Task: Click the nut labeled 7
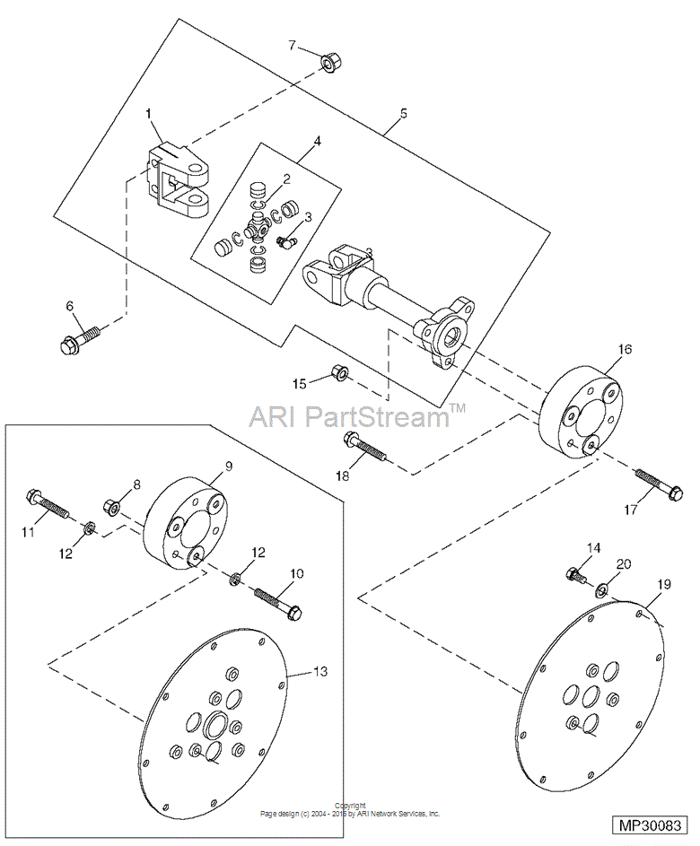(x=328, y=63)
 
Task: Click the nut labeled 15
(x=340, y=372)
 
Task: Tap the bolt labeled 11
(x=49, y=503)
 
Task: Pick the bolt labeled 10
(x=278, y=601)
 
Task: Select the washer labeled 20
(x=600, y=589)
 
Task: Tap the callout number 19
(x=662, y=583)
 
